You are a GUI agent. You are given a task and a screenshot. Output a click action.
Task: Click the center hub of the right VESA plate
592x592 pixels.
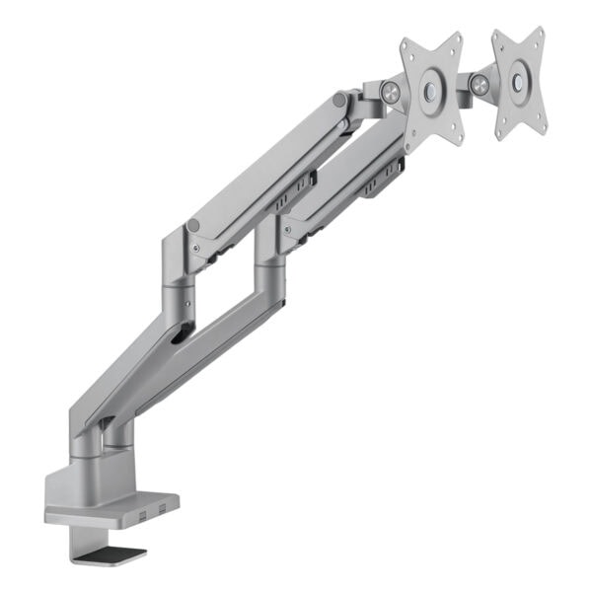click(x=517, y=82)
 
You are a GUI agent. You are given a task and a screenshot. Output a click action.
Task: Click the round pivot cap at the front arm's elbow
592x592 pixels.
click(x=194, y=226)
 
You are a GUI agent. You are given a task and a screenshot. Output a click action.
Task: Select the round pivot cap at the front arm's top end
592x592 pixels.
click(x=339, y=101)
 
